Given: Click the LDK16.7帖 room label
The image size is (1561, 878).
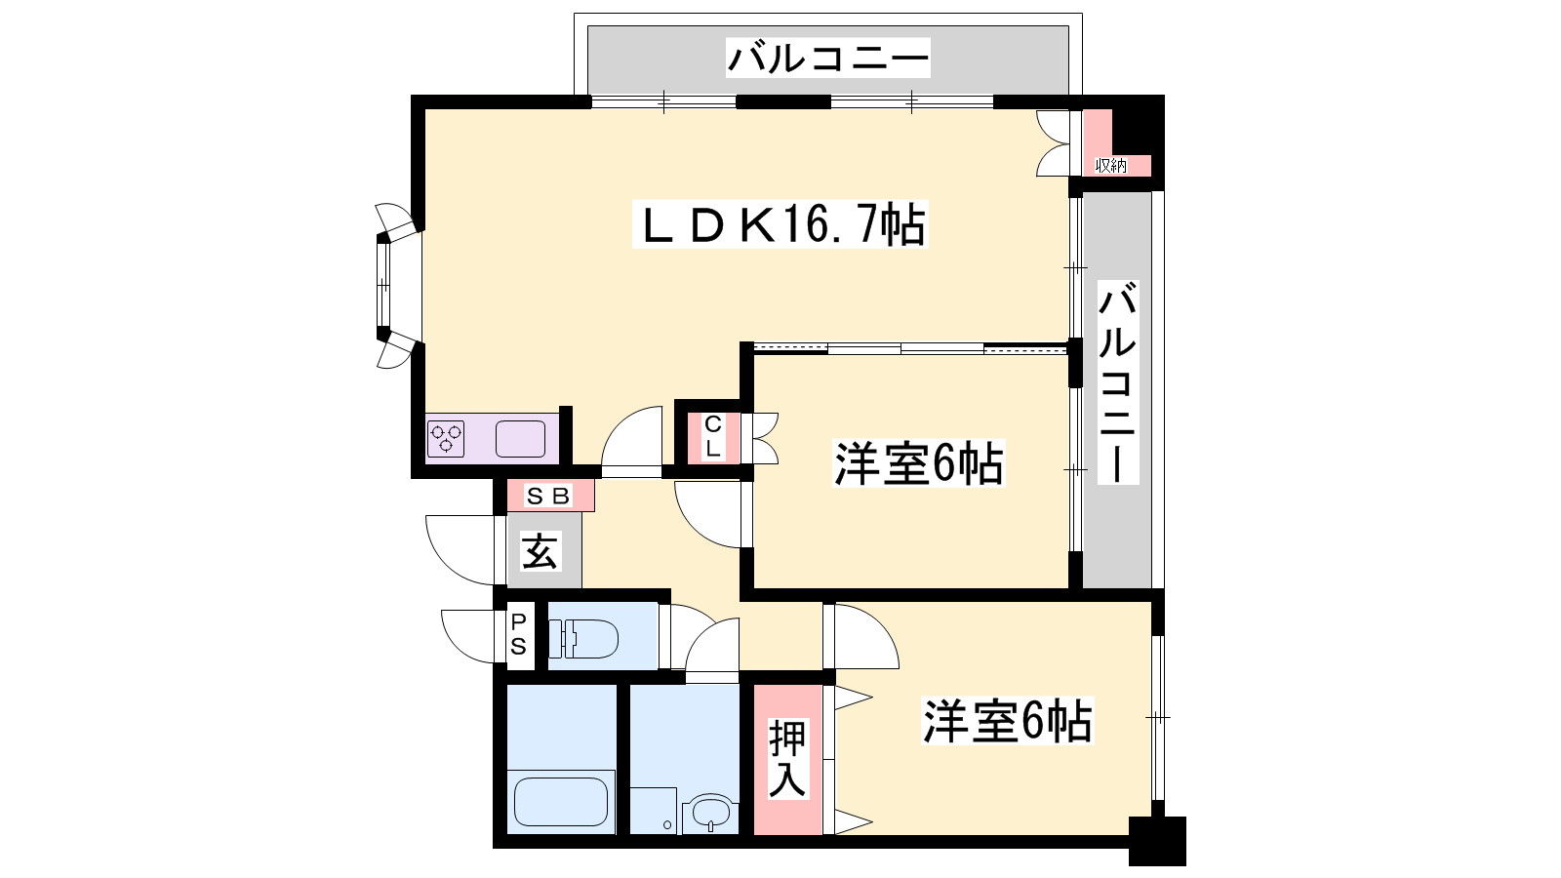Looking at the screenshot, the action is click(780, 223).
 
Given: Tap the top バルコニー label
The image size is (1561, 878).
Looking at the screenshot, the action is click(828, 58).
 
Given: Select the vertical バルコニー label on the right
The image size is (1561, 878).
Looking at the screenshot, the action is click(1118, 382).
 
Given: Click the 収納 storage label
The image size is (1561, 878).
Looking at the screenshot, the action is click(1111, 166).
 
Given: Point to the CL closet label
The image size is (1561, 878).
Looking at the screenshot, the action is click(712, 437).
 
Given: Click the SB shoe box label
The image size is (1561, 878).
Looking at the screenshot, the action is click(549, 497).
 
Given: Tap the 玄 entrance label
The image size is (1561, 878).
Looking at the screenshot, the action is click(540, 552).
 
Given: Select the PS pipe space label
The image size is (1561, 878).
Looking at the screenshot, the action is click(518, 634).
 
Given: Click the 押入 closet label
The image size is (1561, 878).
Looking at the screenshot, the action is click(788, 759).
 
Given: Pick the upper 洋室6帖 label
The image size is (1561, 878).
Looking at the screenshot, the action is click(919, 463).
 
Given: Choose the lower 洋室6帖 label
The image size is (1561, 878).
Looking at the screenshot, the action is click(1007, 721).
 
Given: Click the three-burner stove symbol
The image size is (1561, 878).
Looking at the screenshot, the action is click(446, 439).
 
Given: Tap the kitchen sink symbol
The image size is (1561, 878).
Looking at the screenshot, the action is click(521, 439).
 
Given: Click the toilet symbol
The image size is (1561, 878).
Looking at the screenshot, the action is click(583, 639).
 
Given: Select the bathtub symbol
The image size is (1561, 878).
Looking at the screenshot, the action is click(561, 801).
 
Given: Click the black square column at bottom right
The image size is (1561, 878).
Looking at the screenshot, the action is click(1157, 841).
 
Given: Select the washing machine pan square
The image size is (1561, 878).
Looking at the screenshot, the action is click(654, 811).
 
